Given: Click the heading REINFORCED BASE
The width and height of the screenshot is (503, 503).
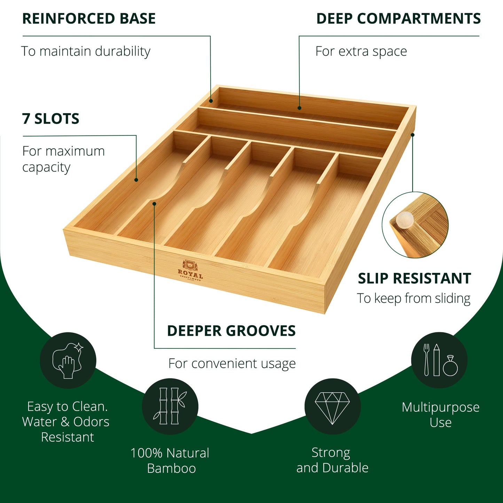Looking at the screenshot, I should [x=89, y=19].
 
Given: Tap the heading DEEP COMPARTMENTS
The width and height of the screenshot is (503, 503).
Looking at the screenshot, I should [x=398, y=19].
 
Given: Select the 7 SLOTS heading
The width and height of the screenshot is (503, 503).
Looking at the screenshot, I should [x=51, y=119].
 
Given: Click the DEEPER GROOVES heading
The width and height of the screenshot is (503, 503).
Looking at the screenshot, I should [x=231, y=331].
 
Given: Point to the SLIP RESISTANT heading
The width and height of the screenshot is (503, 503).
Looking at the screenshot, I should [x=414, y=278].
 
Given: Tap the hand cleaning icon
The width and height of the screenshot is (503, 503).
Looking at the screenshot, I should [x=68, y=360].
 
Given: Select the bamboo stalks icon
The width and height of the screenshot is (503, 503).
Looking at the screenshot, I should [x=170, y=406].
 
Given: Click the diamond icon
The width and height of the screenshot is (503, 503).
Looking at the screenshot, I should [x=332, y=406].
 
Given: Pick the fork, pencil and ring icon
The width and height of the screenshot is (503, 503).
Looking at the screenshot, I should [x=439, y=360].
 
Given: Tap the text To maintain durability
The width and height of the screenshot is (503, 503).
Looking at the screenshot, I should [x=86, y=51].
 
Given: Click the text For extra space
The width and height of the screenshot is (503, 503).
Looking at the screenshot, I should [x=361, y=51].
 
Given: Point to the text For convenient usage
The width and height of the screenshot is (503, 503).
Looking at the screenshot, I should [x=232, y=363].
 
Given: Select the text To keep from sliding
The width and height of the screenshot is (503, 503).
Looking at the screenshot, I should [x=414, y=298].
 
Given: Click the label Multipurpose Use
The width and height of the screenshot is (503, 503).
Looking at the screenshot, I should [x=440, y=415].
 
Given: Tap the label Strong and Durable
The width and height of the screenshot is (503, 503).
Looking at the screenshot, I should [x=332, y=460].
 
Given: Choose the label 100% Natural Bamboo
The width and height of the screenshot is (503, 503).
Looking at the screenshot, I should [x=170, y=461].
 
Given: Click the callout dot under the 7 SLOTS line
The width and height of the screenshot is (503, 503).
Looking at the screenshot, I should [x=136, y=180].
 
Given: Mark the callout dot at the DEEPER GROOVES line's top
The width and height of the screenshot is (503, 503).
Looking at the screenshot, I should [x=155, y=203].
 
